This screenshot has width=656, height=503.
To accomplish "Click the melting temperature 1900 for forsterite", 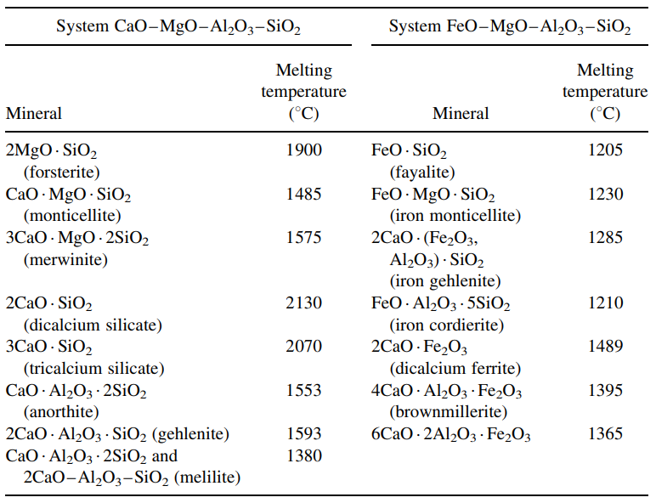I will [304, 150].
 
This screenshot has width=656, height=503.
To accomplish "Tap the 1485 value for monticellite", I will [304, 195].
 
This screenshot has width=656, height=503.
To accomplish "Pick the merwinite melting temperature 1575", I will [304, 238].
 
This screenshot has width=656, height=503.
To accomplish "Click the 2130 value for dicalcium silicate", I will [304, 303].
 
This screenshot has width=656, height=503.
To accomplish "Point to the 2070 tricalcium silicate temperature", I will [304, 347].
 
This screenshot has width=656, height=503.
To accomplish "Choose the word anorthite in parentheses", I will [59, 412].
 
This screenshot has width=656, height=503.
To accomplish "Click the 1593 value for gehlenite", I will [304, 434].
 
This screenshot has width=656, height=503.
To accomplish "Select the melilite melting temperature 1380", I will [304, 456].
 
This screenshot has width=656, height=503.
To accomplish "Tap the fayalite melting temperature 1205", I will [605, 150].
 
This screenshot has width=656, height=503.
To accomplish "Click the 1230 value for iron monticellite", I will [605, 195].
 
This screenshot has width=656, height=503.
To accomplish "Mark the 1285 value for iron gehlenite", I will [605, 238].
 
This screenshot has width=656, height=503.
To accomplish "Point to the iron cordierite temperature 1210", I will [605, 303].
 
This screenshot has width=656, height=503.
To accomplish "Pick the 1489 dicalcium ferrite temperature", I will [605, 347].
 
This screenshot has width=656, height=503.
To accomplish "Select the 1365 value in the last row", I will [605, 434].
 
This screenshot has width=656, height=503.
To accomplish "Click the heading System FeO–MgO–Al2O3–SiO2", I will [509, 27].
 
